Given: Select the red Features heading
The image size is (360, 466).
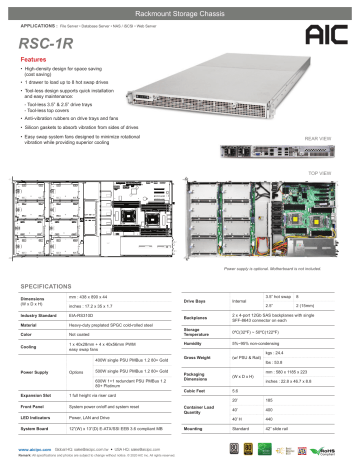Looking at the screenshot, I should (x=37, y=60).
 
